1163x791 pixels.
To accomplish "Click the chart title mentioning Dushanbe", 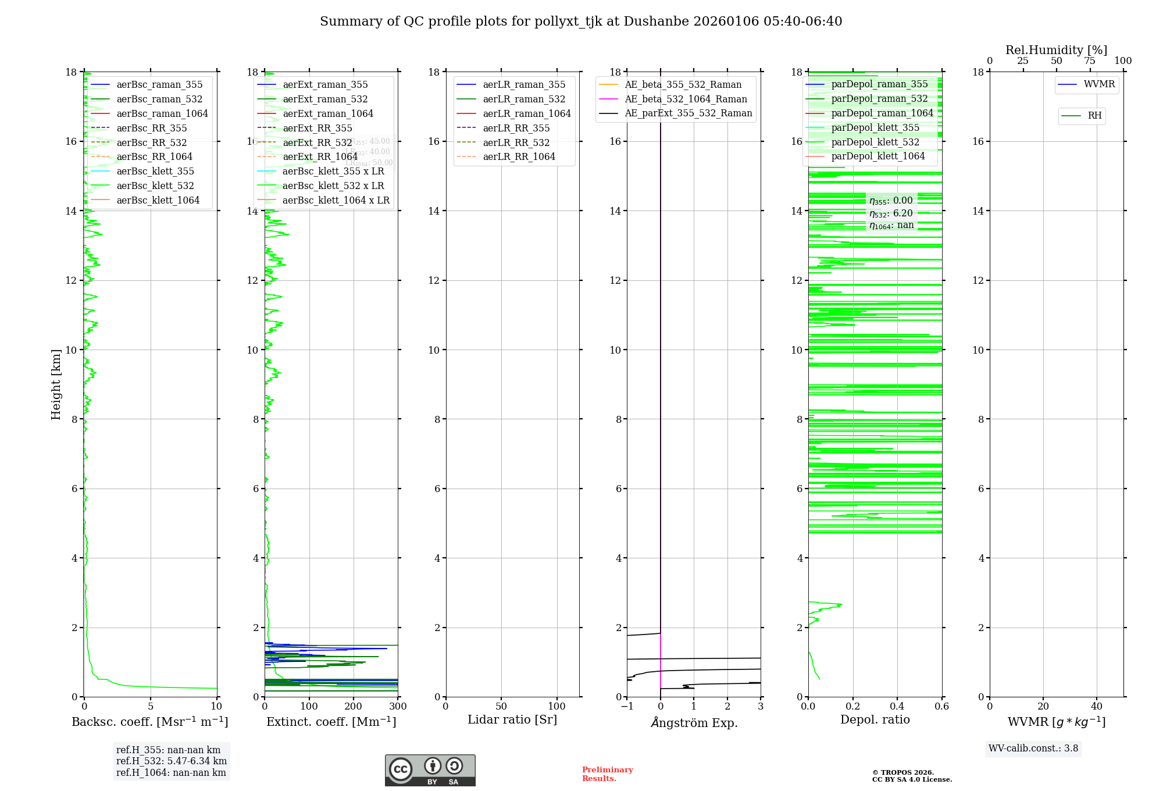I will (581, 22).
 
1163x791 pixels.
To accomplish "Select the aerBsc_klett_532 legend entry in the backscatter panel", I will (155, 186).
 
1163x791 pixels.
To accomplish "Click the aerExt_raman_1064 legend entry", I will (328, 114).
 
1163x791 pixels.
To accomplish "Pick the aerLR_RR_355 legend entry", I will (516, 129).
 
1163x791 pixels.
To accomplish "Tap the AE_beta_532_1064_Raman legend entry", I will (686, 99).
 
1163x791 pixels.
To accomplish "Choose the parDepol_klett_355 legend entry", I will (875, 128).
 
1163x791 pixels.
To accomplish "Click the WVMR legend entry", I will (1099, 84).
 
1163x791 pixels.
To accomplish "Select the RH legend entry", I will (1094, 116).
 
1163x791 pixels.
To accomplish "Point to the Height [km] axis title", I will (56, 384).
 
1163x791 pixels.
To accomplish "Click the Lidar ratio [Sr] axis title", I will (512, 720).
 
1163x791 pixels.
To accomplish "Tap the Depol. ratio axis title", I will (875, 720).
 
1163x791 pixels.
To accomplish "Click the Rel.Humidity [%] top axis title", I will (1056, 51).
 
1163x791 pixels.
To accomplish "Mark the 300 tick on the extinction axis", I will (398, 707).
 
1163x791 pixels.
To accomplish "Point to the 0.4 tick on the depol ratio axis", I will (897, 707).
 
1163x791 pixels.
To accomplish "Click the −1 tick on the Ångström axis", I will (627, 707).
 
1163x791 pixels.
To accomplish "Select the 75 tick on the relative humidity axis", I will (1090, 61).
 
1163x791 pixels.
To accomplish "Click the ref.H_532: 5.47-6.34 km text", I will (172, 761).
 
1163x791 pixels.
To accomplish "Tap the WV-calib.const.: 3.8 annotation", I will (1033, 749).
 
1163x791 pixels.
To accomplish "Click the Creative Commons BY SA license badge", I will (430, 771).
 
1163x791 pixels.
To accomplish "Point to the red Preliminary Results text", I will (607, 774).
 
